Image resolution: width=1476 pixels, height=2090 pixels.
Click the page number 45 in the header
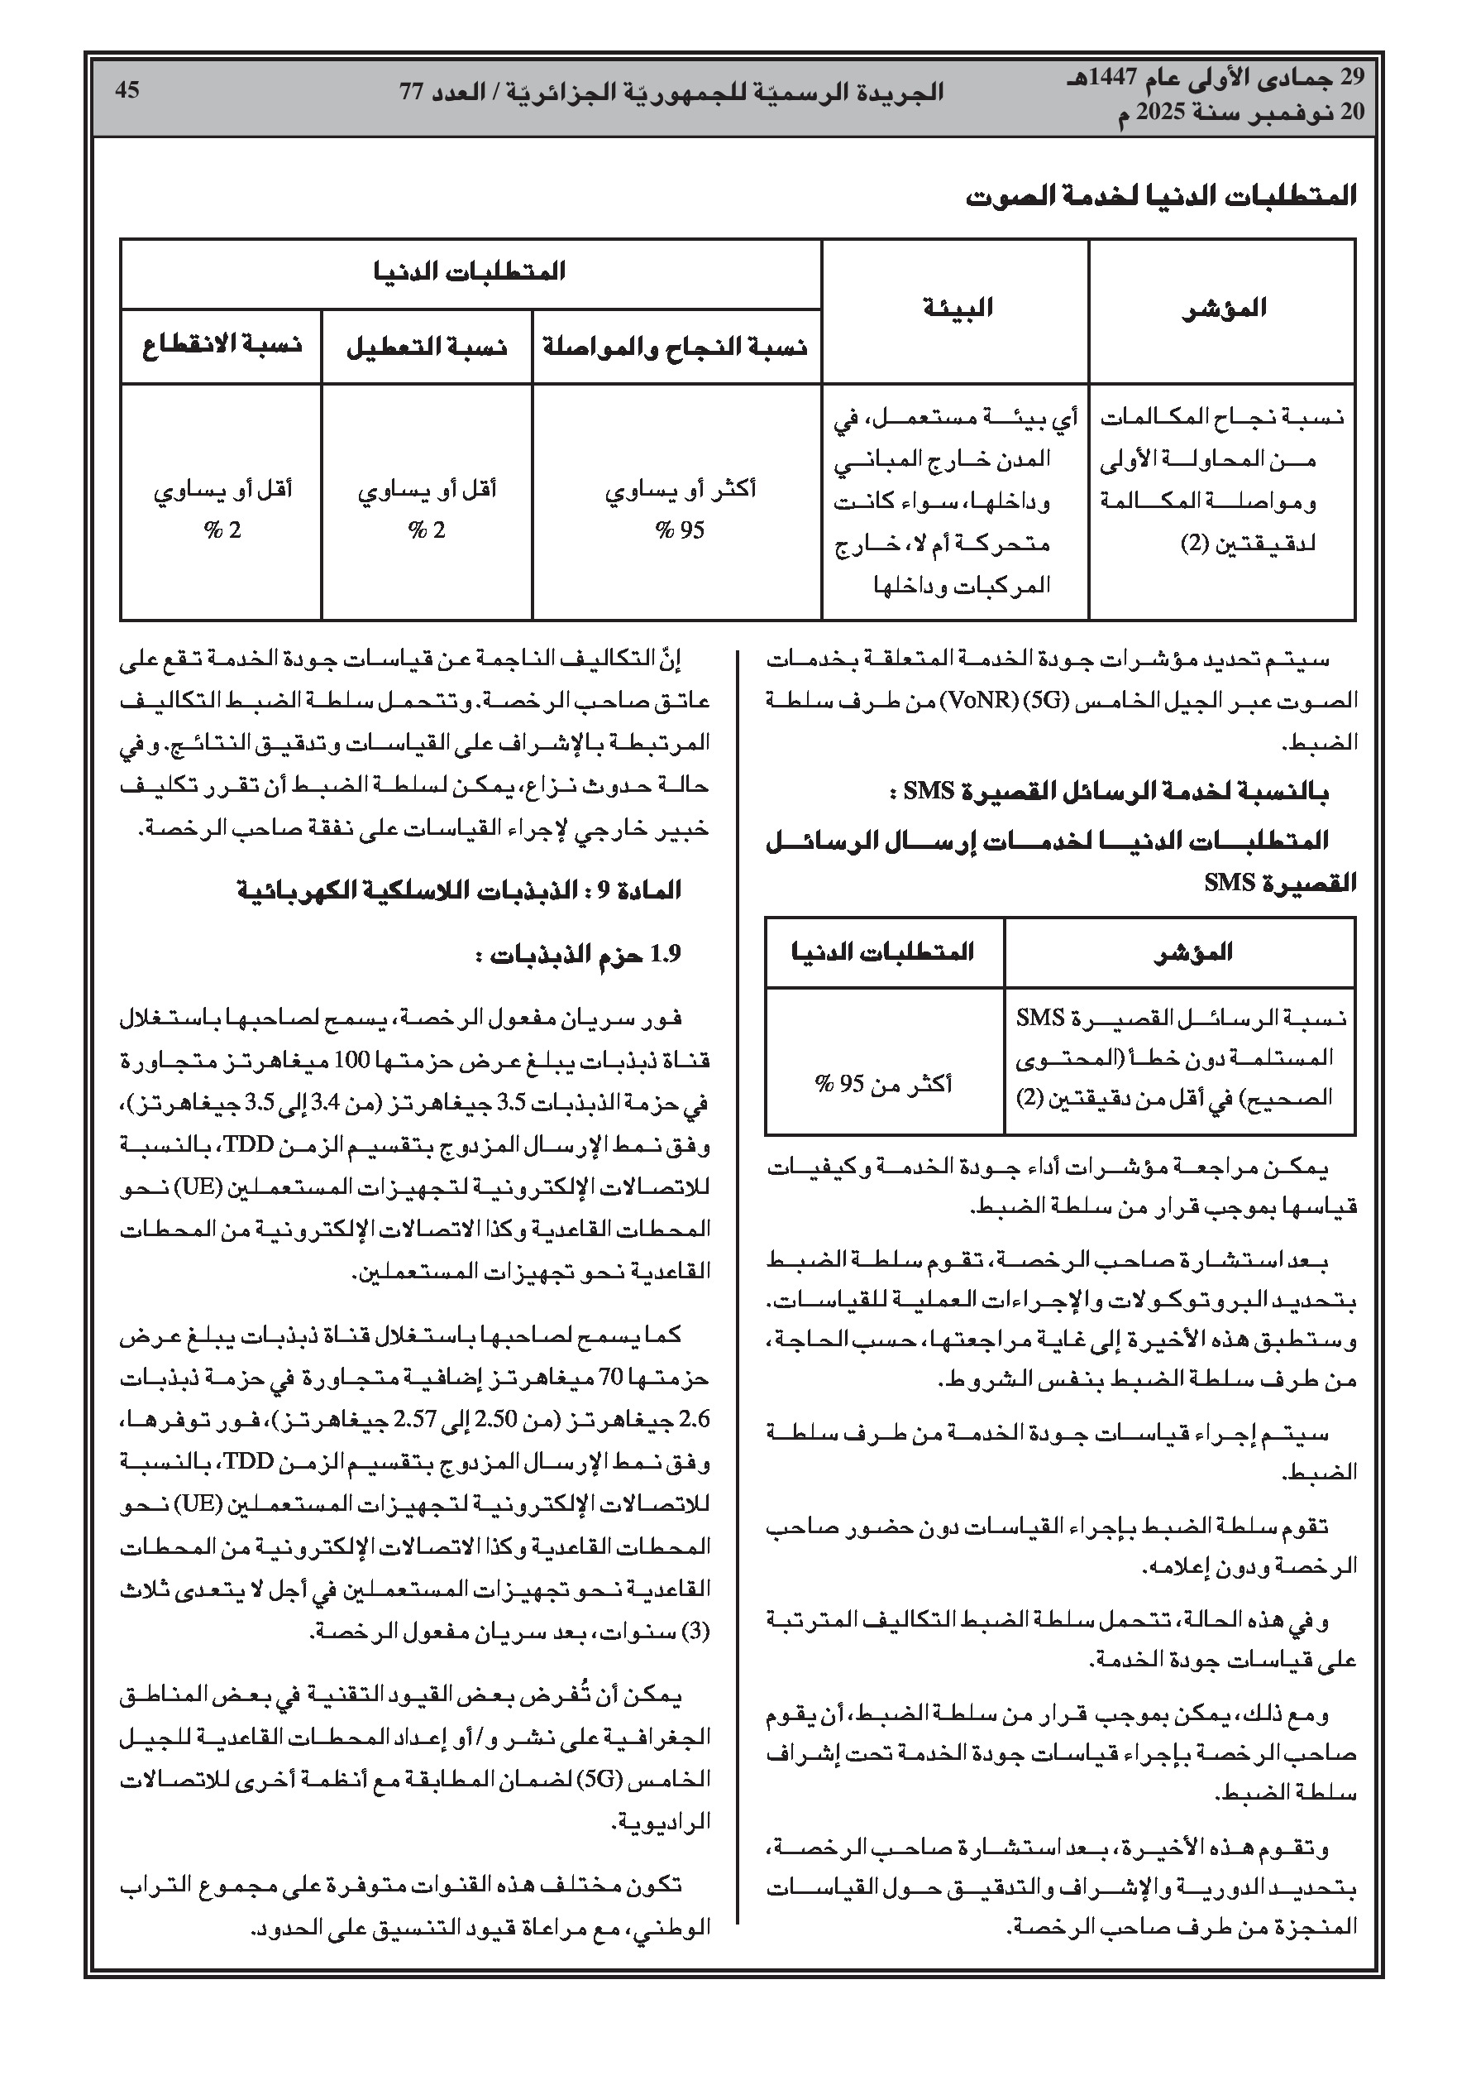point(127,91)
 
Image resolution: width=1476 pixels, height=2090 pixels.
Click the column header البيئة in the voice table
point(957,309)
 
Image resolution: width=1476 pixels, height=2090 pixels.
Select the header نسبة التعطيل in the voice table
point(427,347)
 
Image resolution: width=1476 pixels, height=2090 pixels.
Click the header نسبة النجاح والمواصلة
point(676,347)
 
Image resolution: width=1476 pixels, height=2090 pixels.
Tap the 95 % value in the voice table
point(680,530)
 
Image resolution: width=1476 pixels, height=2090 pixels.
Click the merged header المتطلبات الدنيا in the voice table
point(470,271)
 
